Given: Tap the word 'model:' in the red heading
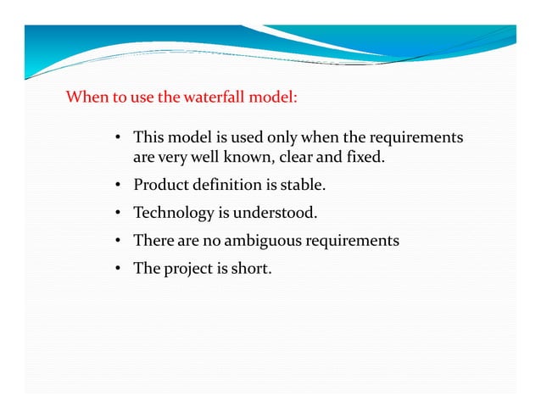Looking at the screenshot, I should [x=273, y=97].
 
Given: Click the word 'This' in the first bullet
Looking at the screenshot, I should [x=149, y=137].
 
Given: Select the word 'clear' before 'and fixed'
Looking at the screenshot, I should [x=298, y=157].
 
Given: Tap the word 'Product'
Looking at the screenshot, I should [x=162, y=185].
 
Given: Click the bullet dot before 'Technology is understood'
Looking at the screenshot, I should [x=119, y=213].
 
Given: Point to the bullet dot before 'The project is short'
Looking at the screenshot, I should [x=119, y=270].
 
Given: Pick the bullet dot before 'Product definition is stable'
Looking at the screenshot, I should [x=119, y=185].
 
